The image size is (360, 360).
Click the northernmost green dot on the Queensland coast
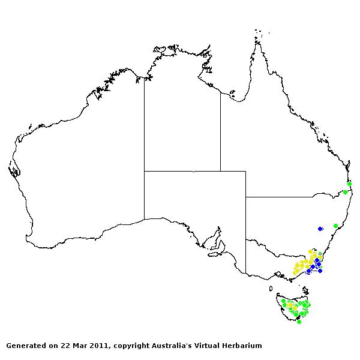349,184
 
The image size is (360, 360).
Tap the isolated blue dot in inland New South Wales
320,229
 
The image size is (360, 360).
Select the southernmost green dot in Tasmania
299,322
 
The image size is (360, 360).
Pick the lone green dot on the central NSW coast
335,226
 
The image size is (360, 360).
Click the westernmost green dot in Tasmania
283,301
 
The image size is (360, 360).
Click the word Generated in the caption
26,346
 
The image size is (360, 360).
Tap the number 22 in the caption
64,346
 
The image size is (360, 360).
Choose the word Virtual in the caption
202,346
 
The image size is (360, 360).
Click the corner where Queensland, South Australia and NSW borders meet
245,197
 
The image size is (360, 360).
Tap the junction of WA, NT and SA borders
144,171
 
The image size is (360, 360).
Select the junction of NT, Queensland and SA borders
220,171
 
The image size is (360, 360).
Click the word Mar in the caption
79,346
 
